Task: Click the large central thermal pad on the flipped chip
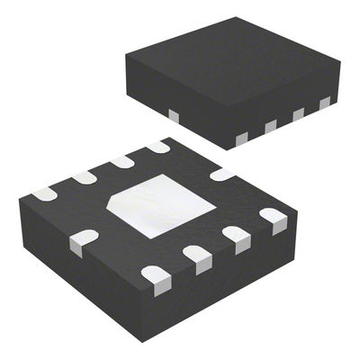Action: click(162, 204)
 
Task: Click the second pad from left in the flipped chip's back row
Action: click(85, 177)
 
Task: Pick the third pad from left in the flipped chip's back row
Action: click(122, 161)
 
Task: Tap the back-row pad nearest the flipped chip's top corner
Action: click(157, 146)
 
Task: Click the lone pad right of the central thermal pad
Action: click(221, 174)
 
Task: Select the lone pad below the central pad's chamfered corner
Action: click(83, 238)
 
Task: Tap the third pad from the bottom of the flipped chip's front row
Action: click(237, 237)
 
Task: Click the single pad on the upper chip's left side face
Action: click(173, 113)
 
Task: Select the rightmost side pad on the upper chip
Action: click(325, 103)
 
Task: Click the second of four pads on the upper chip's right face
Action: click(270, 126)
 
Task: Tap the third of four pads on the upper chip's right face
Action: click(298, 114)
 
